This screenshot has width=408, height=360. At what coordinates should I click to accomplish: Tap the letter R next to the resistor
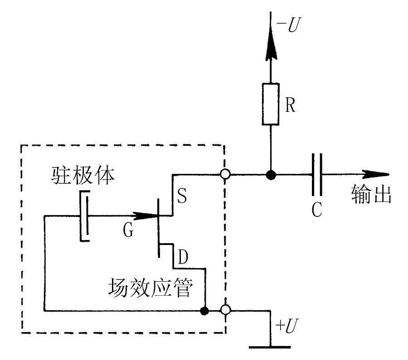[x=291, y=106]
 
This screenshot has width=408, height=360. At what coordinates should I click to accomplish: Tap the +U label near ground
[x=287, y=326]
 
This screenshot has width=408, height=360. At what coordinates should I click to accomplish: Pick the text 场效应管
[x=150, y=288]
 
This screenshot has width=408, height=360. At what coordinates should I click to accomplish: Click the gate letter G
[x=128, y=231]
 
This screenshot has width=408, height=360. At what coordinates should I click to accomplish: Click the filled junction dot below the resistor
[x=271, y=174]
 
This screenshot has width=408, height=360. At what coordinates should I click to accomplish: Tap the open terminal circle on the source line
[x=225, y=174]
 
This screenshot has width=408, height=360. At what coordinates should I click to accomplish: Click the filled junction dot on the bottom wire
[x=205, y=311]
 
